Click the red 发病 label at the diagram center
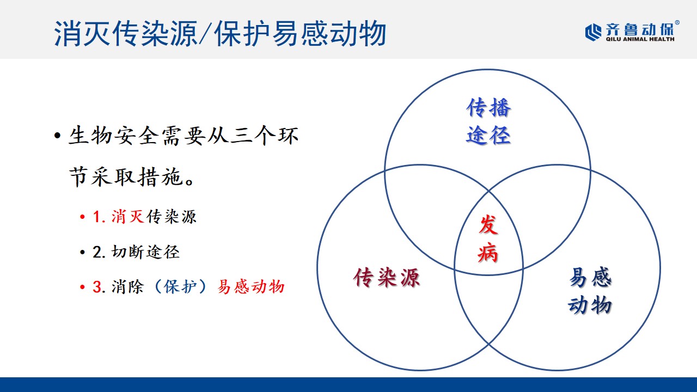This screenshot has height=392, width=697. (x=488, y=238)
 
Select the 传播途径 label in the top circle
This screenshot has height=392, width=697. (x=488, y=121)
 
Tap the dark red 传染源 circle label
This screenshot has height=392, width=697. (x=387, y=277)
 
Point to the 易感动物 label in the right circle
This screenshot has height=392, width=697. (x=590, y=291)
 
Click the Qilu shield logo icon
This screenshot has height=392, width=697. (x=593, y=32)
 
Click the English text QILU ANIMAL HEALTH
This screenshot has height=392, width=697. (x=640, y=39)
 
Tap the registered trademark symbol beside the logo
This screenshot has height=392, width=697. (x=677, y=22)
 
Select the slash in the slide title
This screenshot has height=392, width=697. (x=205, y=34)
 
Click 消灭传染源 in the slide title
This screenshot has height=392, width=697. (x=126, y=34)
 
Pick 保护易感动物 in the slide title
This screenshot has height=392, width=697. (x=300, y=34)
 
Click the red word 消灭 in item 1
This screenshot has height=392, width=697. (x=127, y=217)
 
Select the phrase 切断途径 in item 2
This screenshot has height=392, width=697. (x=145, y=252)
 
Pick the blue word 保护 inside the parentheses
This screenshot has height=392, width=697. (x=180, y=286)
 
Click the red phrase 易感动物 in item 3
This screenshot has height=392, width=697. (x=251, y=286)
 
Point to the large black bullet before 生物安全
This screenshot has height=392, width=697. (x=57, y=136)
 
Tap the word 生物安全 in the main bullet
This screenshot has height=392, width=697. (x=114, y=136)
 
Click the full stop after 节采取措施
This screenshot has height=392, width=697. (x=189, y=182)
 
